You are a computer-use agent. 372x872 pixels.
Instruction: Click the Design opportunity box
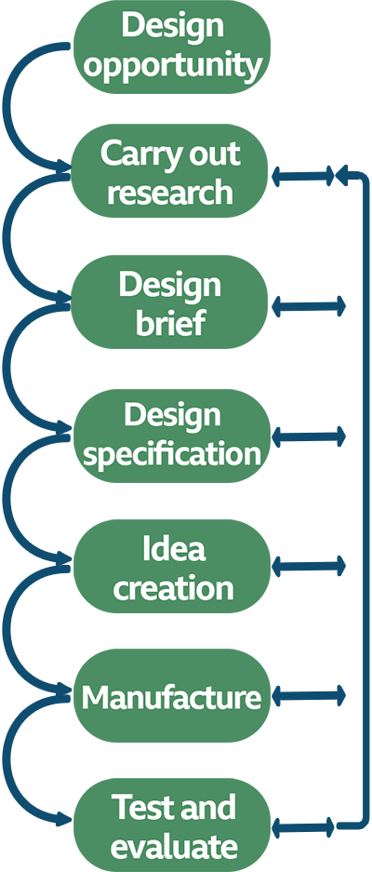171,46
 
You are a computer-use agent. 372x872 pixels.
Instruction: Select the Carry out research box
171,173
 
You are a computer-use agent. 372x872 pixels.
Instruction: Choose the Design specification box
171,436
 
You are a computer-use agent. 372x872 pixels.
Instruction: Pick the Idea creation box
171,567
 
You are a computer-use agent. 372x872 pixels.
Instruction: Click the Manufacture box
171,696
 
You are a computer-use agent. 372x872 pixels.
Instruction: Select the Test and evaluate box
171,826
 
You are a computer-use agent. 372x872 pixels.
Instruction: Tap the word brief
171,324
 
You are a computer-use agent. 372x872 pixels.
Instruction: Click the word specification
171,455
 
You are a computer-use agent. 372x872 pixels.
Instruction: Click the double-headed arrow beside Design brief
309,305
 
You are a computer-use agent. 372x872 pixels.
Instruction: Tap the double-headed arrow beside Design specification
309,436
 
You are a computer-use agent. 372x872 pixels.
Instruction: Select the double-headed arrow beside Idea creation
309,565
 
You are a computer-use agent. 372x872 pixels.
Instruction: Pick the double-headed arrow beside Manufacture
309,695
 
